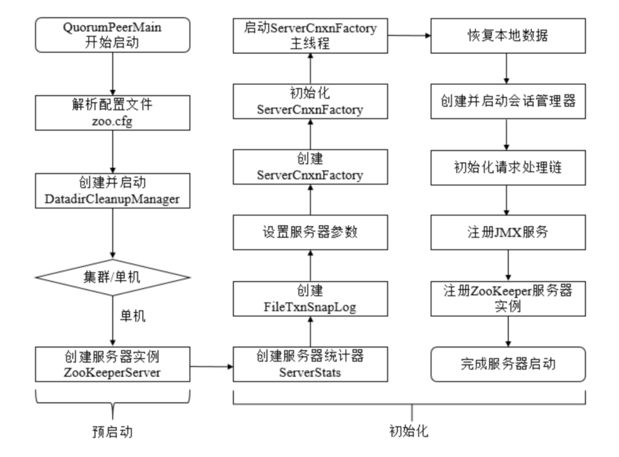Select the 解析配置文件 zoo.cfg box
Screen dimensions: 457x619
112,113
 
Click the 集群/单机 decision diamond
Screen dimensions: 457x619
112,277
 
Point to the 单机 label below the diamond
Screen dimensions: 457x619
132,317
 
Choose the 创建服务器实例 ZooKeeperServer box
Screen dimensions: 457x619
112,364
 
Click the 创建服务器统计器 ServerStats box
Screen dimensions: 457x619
310,364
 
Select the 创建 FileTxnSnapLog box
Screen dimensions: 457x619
310,298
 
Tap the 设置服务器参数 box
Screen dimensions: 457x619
310,232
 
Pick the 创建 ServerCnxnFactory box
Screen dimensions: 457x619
310,166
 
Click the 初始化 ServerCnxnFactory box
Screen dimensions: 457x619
310,101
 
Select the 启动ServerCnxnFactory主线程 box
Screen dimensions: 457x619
310,36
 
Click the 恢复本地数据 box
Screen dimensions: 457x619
508,36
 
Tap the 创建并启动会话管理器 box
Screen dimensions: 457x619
508,101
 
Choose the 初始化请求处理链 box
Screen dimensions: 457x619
508,167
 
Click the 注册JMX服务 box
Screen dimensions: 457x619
508,233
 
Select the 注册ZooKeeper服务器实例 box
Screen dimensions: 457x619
508,298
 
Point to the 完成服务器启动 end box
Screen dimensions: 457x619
508,364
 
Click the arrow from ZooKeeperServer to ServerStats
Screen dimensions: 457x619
211,364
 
